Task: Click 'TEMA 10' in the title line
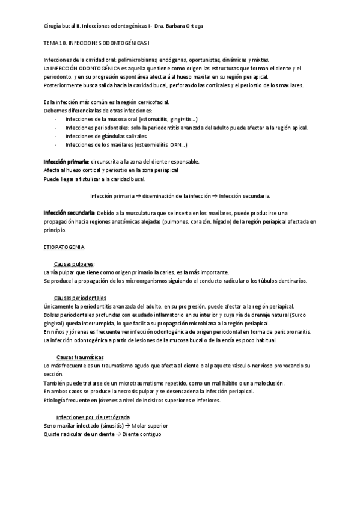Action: click(x=56, y=44)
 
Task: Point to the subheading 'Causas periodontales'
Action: click(x=80, y=298)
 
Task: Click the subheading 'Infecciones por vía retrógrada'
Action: click(x=93, y=417)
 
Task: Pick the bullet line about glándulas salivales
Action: click(x=107, y=137)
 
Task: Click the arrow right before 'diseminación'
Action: click(x=137, y=196)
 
